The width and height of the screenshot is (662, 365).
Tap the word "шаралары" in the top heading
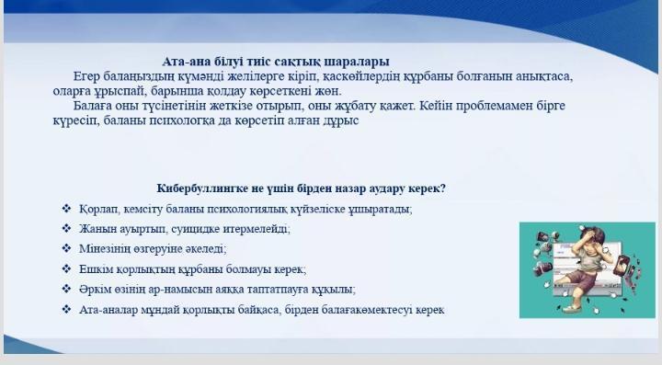click(x=356, y=62)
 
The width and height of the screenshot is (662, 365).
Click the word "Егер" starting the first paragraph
click(x=90, y=76)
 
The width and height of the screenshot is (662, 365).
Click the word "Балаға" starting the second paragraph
click(x=96, y=106)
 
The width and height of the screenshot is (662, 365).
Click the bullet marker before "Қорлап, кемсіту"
click(x=66, y=209)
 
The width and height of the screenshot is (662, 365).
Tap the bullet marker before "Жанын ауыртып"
click(x=66, y=229)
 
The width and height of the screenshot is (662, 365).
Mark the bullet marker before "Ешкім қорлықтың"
click(x=66, y=269)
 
